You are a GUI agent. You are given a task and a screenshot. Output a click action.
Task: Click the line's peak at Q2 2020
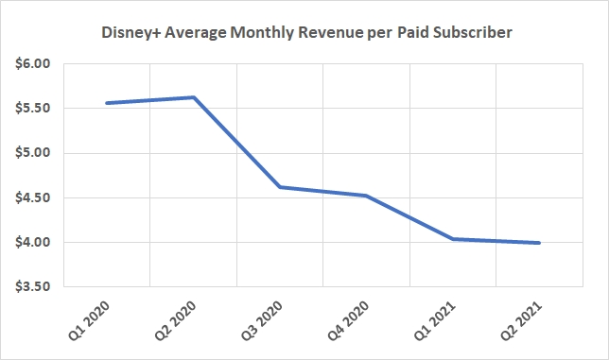point(193,97)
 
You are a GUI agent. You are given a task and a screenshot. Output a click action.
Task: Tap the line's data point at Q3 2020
point(281,187)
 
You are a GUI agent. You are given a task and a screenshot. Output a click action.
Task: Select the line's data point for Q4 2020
point(367,196)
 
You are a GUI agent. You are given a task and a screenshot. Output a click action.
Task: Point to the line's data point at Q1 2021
point(453,239)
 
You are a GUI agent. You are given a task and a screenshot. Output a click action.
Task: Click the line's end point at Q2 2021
point(539,243)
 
